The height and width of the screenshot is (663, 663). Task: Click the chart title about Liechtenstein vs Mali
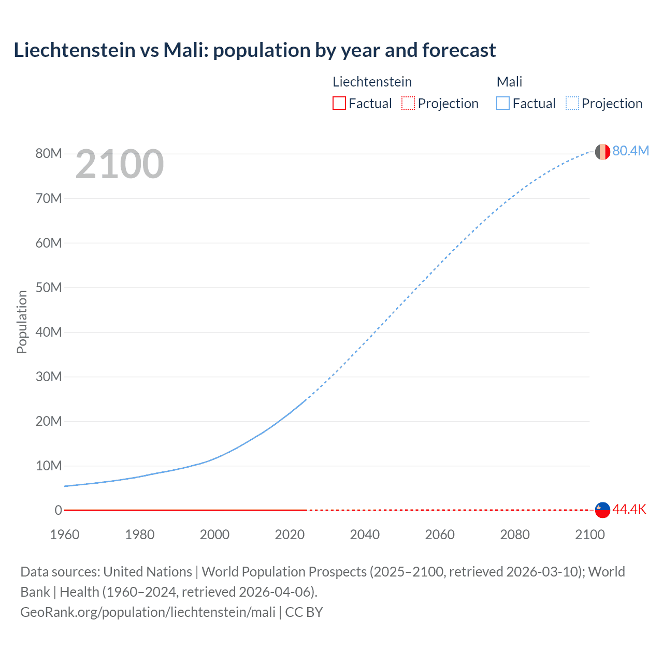pyautogui.click(x=254, y=50)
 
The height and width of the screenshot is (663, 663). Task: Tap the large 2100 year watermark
pyautogui.click(x=120, y=164)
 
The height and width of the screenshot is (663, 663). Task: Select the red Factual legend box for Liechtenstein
pyautogui.click(x=339, y=104)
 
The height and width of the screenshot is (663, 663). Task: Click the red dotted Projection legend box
pyautogui.click(x=408, y=104)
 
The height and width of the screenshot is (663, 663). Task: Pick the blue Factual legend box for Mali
pyautogui.click(x=503, y=104)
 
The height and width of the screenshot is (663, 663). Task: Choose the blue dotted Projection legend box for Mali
pyautogui.click(x=572, y=104)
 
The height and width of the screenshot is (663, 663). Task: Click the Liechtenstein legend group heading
pyautogui.click(x=372, y=82)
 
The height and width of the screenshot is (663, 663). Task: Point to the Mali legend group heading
pyautogui.click(x=509, y=82)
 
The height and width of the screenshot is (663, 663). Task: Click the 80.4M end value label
pyautogui.click(x=630, y=151)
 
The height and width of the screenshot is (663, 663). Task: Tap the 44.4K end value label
pyautogui.click(x=629, y=509)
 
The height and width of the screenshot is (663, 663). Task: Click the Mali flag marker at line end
pyautogui.click(x=602, y=152)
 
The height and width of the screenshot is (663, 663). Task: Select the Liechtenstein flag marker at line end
pyautogui.click(x=602, y=510)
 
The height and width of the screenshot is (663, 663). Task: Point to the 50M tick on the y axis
pyautogui.click(x=49, y=287)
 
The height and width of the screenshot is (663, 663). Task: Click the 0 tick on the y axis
pyautogui.click(x=58, y=510)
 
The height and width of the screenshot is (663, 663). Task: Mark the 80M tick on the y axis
pyautogui.click(x=49, y=153)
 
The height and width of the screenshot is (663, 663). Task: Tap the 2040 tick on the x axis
pyautogui.click(x=365, y=535)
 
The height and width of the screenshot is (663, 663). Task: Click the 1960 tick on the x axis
pyautogui.click(x=65, y=535)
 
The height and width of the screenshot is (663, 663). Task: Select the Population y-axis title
pyautogui.click(x=22, y=322)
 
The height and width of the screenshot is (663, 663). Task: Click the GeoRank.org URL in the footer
pyautogui.click(x=148, y=612)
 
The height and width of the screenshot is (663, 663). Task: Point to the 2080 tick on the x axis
pyautogui.click(x=515, y=535)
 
